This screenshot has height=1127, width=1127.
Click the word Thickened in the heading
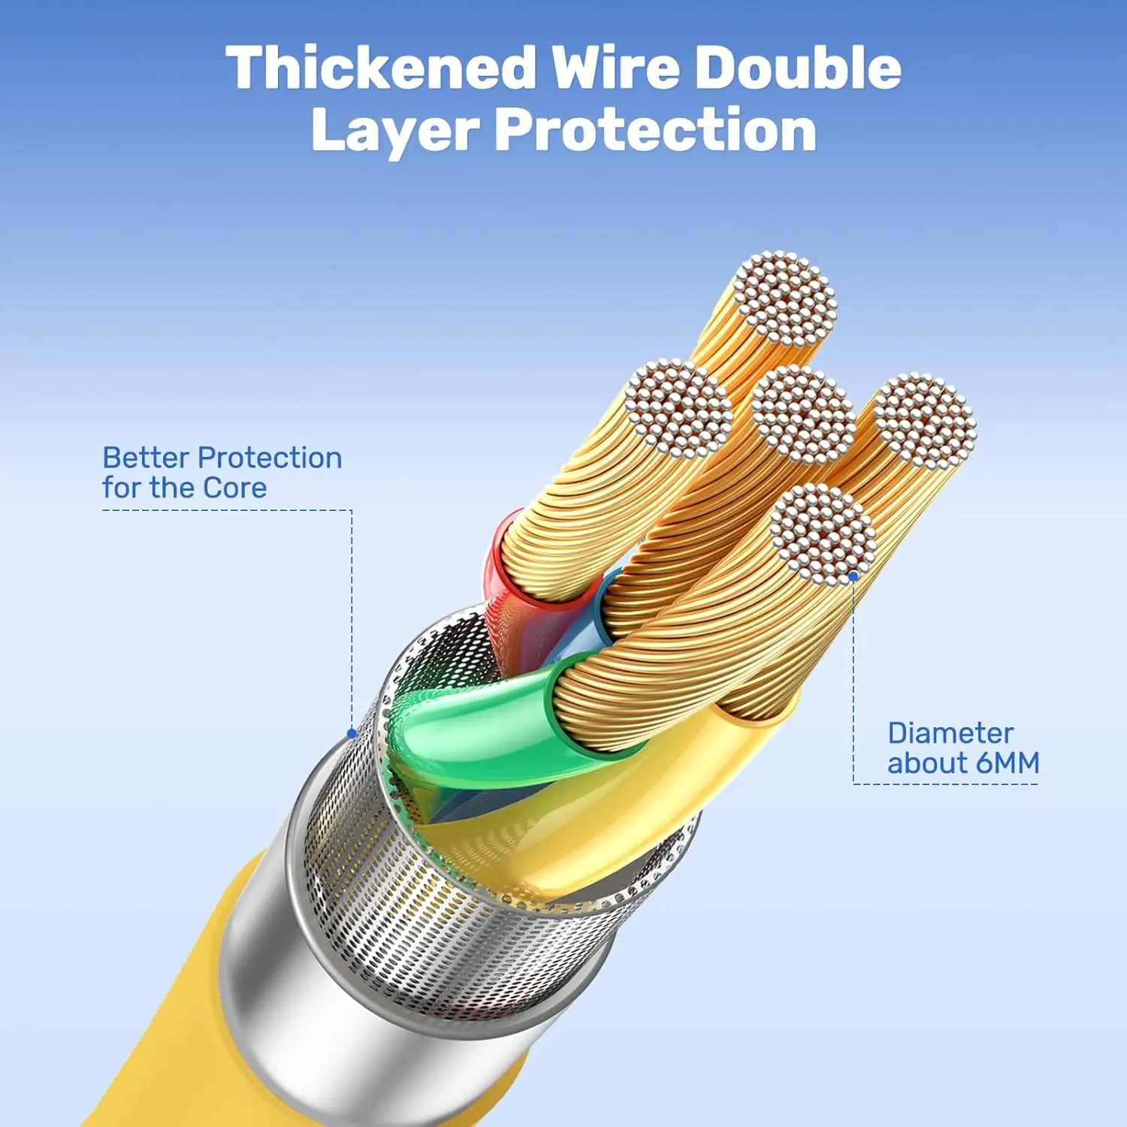tap(382, 68)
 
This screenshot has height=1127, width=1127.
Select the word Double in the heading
tap(798, 68)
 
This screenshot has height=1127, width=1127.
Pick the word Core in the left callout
tap(234, 488)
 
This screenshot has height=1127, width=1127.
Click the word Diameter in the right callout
tap(950, 733)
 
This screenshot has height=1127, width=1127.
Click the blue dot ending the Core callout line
tap(352, 733)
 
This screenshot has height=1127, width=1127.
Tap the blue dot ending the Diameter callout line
tap(854, 577)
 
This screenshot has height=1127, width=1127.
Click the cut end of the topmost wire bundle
tap(785, 299)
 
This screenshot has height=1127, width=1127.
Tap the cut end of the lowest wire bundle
tap(823, 534)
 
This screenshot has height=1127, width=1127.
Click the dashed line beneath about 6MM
tap(946, 784)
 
